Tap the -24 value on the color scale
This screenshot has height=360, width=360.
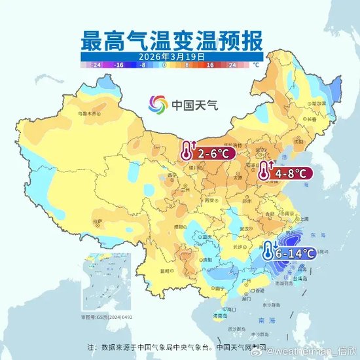coord(96,65)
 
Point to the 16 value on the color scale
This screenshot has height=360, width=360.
coord(212,65)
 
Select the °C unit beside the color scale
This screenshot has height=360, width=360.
coord(257,65)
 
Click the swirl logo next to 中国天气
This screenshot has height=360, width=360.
coord(158,103)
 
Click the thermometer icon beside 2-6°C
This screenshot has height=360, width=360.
coord(188,153)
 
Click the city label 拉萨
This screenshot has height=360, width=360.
coord(98,223)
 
